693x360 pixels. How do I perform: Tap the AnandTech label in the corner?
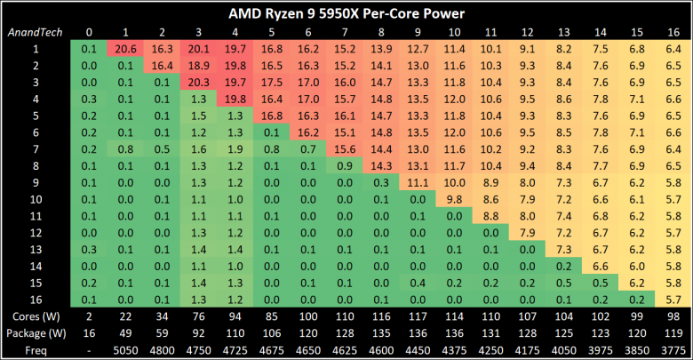tap(33, 32)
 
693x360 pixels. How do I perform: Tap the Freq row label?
tap(31, 349)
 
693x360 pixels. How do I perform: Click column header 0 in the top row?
tap(88, 32)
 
